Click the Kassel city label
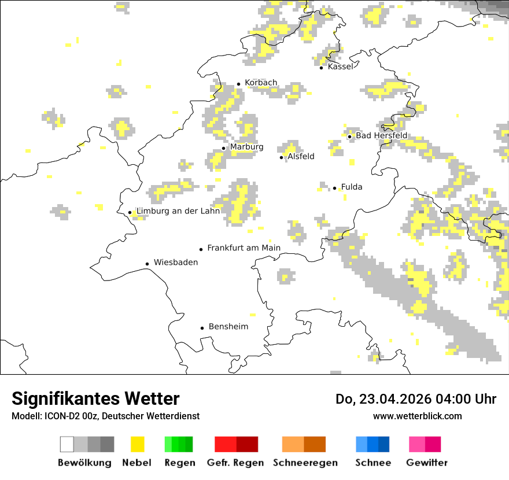tap(340, 67)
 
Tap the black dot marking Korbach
tap(238, 84)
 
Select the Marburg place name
tap(246, 147)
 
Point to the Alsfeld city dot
tap(282, 157)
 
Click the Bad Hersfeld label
tap(381, 135)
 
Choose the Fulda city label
tap(352, 187)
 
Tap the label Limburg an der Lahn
tap(178, 211)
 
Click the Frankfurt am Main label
tap(244, 248)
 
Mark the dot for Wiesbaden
tap(147, 264)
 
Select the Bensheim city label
tap(228, 327)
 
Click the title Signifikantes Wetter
tap(95, 398)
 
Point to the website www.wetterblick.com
tap(417, 416)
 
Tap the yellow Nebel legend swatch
tap(137, 444)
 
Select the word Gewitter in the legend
tap(427, 463)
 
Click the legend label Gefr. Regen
tap(235, 463)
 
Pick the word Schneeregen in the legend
tap(305, 463)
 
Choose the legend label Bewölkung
tap(84, 463)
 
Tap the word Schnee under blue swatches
tap(372, 463)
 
